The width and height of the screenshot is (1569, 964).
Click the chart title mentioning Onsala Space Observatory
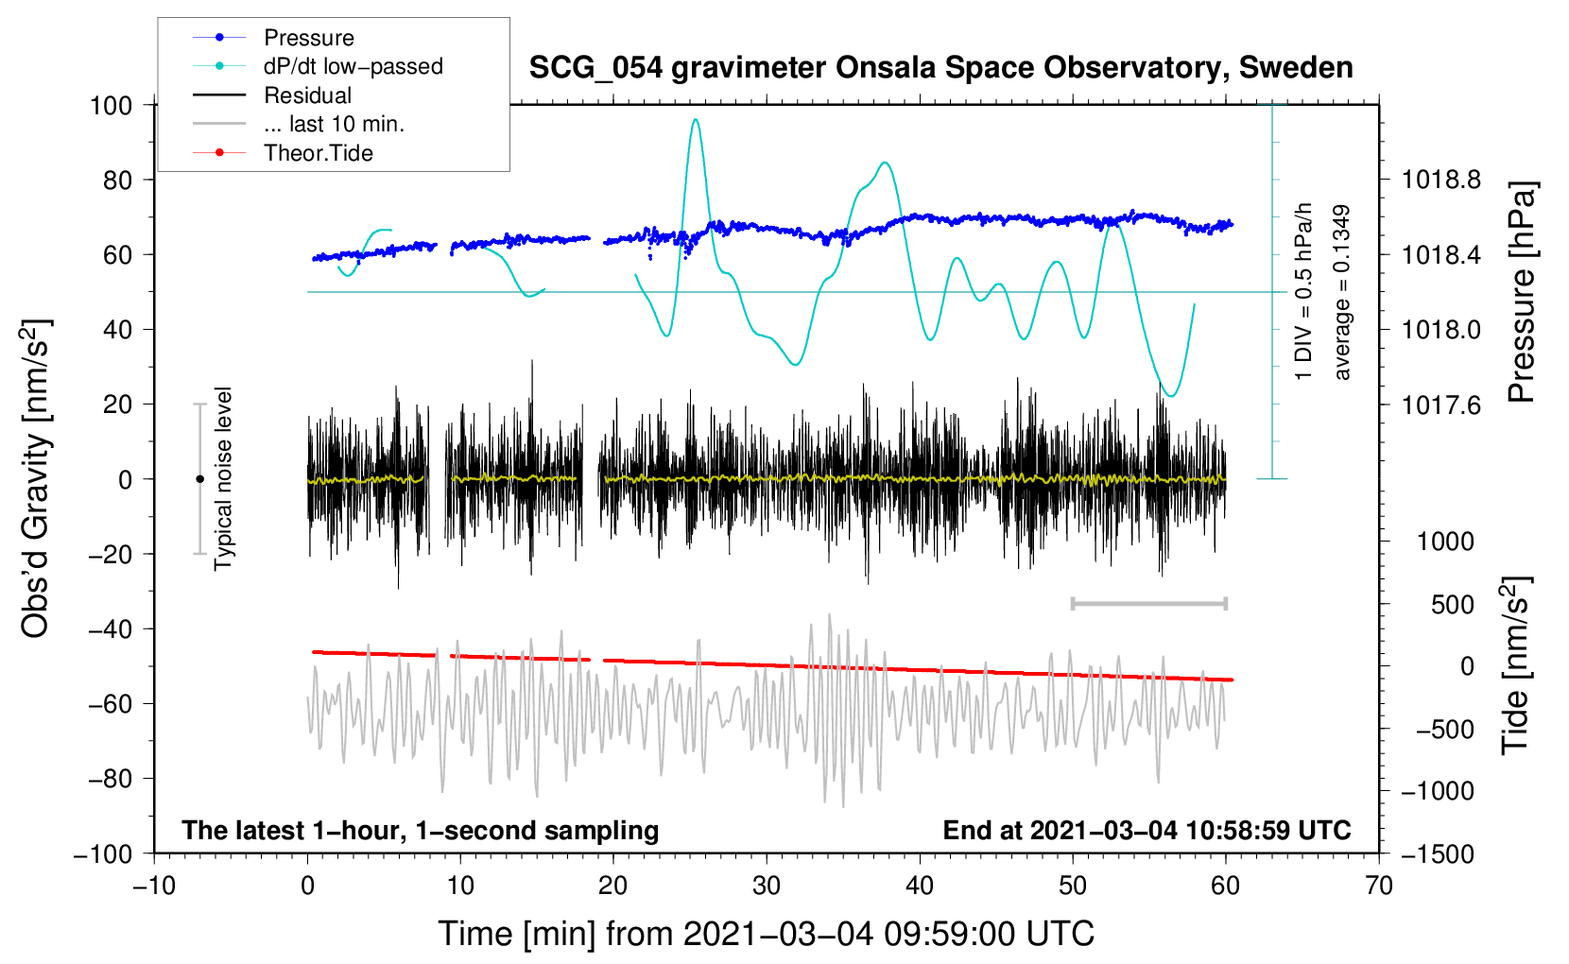pyautogui.click(x=940, y=68)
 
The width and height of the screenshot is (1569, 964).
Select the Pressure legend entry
pyautogui.click(x=308, y=38)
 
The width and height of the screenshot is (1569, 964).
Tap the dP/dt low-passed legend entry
pyautogui.click(x=353, y=66)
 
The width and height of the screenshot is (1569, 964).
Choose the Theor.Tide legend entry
pyautogui.click(x=318, y=153)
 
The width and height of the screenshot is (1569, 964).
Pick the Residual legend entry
pyautogui.click(x=307, y=95)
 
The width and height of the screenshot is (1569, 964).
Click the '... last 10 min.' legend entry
pyautogui.click(x=334, y=124)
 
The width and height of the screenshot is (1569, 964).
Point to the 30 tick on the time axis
pyautogui.click(x=767, y=886)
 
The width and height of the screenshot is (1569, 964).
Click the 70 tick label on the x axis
pyautogui.click(x=1379, y=886)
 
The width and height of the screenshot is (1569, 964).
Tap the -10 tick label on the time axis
pyautogui.click(x=154, y=886)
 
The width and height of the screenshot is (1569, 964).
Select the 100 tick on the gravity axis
pyautogui.click(x=111, y=105)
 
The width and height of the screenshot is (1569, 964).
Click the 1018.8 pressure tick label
pyautogui.click(x=1440, y=180)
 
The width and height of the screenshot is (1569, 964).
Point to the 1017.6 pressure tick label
pyautogui.click(x=1440, y=405)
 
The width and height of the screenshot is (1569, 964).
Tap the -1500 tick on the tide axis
pyautogui.click(x=1438, y=854)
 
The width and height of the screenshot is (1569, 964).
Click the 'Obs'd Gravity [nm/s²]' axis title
pyautogui.click(x=35, y=479)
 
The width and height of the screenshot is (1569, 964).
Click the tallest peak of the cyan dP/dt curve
pyautogui.click(x=696, y=119)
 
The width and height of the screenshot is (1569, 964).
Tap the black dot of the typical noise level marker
pyautogui.click(x=199, y=479)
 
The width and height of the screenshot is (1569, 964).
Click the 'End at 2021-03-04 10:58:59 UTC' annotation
pyautogui.click(x=1147, y=830)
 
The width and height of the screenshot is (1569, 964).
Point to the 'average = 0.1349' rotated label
pyautogui.click(x=1342, y=293)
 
